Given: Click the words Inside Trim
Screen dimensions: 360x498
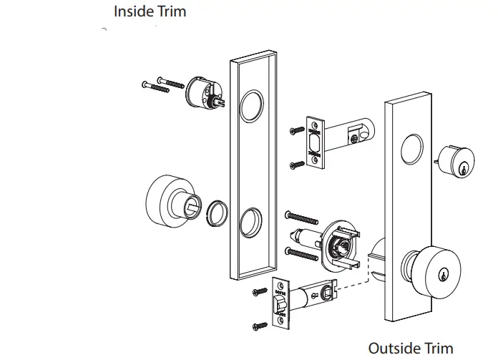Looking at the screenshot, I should point(150,12).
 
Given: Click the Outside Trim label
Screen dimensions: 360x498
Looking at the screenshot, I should point(410,348).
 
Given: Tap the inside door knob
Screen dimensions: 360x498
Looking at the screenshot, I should point(170,200).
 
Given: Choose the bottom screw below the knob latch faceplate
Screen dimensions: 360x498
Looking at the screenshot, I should point(260,326).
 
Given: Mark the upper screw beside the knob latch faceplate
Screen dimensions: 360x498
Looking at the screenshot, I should point(260,291).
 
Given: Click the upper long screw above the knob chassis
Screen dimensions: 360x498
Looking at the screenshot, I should point(301,216).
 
